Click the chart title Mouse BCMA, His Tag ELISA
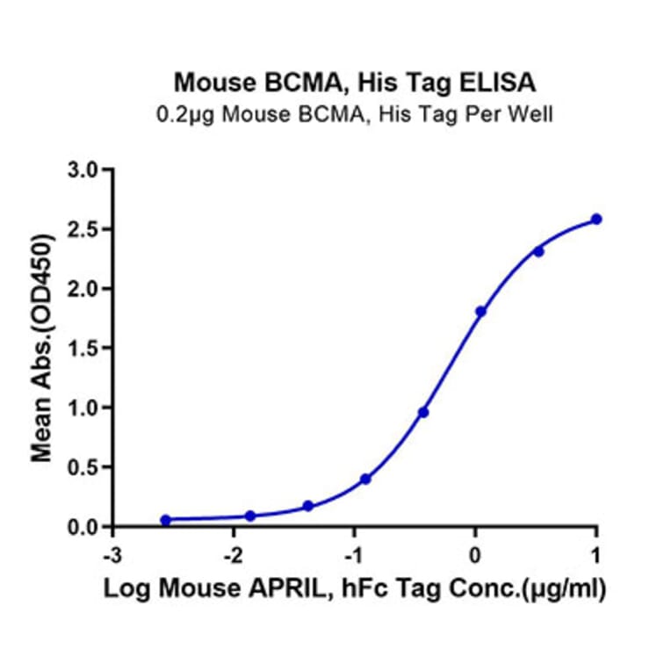[355, 83]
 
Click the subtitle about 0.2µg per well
[355, 114]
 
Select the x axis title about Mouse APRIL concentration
[355, 589]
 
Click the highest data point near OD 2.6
[596, 219]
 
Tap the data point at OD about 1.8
[480, 312]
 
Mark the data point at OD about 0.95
[423, 412]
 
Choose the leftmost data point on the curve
[166, 520]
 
